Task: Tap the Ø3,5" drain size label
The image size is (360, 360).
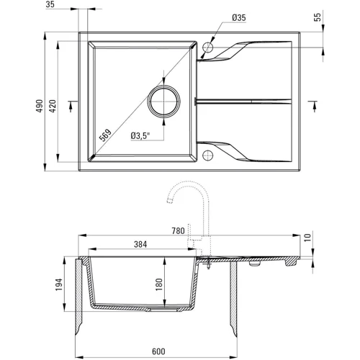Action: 140,135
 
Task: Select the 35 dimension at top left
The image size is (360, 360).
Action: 50,5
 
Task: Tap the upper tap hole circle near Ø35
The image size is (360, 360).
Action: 208,48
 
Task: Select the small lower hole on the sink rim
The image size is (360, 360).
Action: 208,153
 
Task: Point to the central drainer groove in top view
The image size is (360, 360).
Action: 245,102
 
